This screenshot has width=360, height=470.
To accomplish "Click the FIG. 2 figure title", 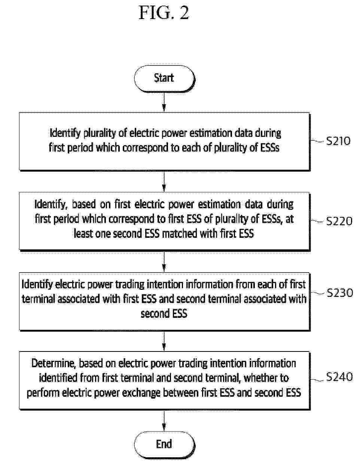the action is (164, 13).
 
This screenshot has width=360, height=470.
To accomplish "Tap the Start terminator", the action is (164, 79).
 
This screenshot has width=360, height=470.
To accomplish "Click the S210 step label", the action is (338, 141).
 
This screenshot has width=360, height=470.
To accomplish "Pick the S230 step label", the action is (339, 292).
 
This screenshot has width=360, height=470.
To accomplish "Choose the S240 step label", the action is (339, 377).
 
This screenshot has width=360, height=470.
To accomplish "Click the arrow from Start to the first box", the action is (164, 102).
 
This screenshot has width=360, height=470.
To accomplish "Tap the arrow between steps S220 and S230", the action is (164, 261).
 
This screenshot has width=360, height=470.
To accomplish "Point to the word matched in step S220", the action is (180, 233).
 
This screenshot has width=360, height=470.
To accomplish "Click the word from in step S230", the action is (245, 284).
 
